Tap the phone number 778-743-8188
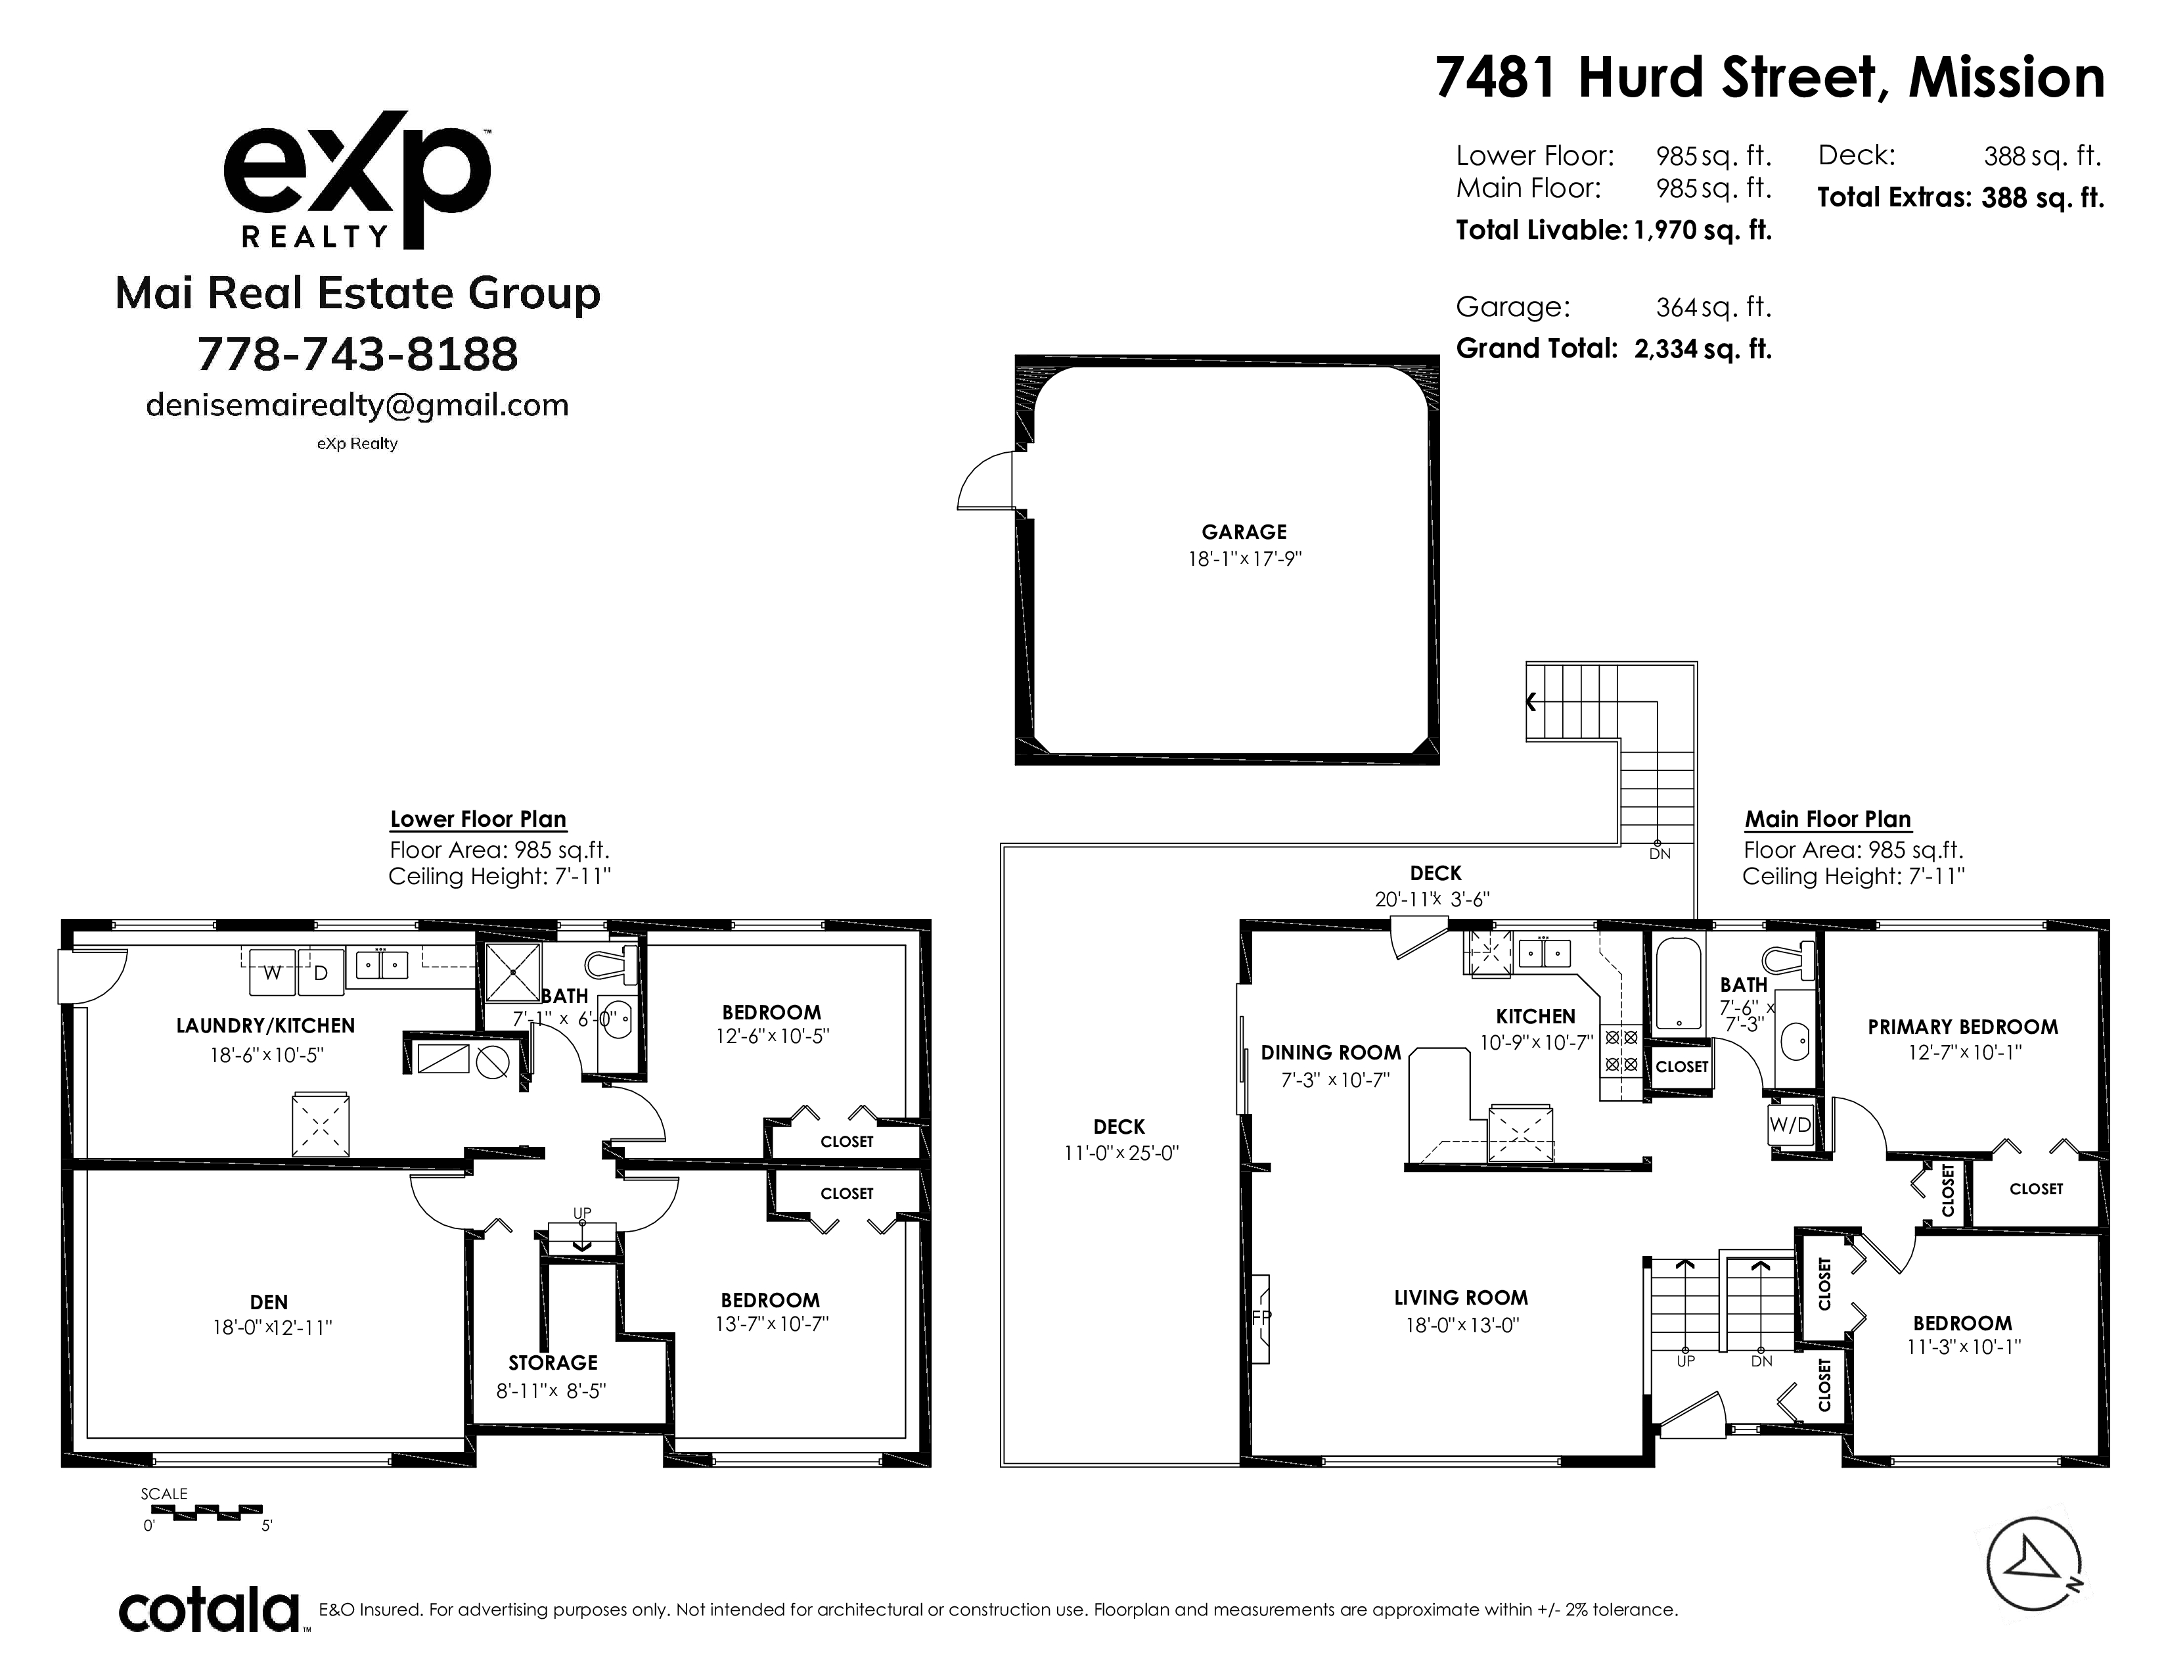357,354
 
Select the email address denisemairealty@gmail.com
357,405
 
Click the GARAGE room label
1244,532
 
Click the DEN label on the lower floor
269,1301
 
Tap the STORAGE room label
553,1363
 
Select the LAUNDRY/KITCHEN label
265,1026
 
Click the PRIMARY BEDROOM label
1962,1027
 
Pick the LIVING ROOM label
1461,1297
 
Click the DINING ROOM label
1331,1052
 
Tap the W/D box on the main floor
1791,1125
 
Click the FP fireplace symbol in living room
1261,1318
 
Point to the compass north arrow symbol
2034,1565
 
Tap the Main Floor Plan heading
1828,819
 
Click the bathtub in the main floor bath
1678,983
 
